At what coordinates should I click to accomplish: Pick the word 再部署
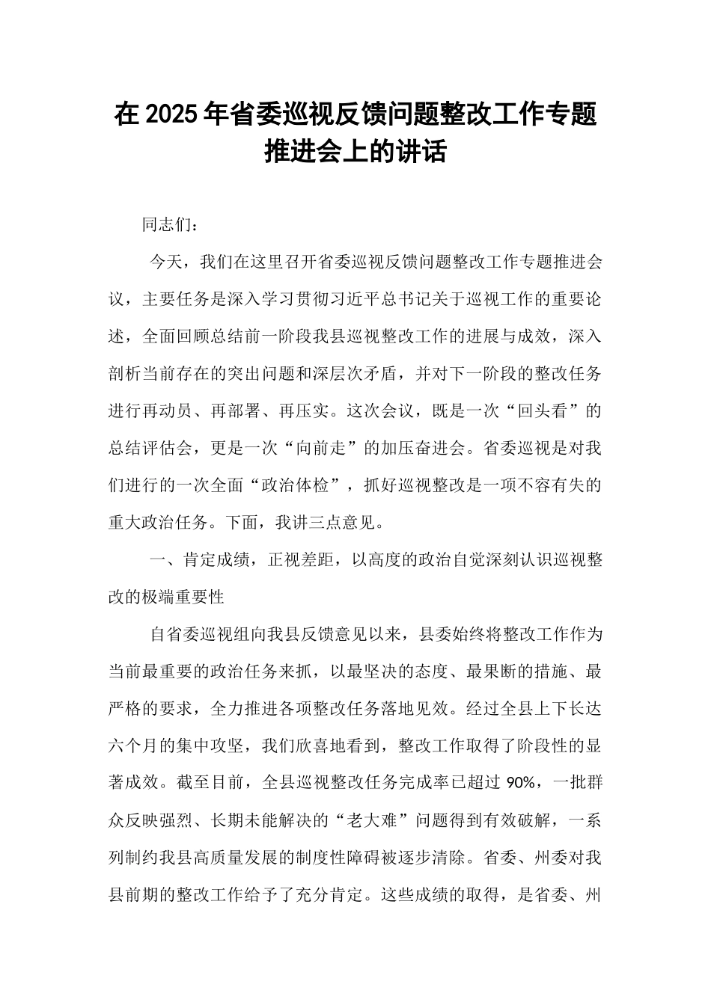[x=237, y=411]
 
